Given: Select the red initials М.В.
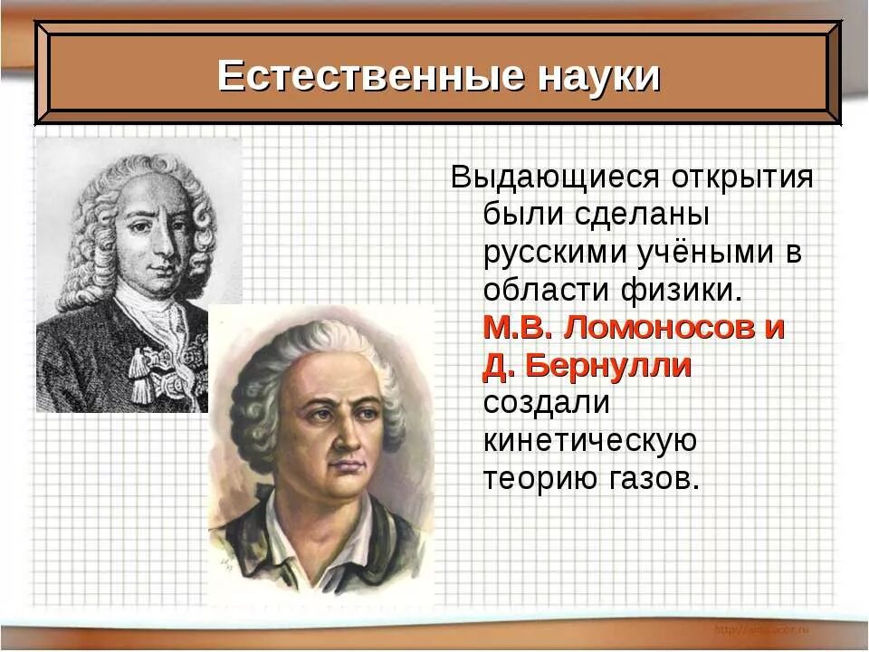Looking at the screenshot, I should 519,328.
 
